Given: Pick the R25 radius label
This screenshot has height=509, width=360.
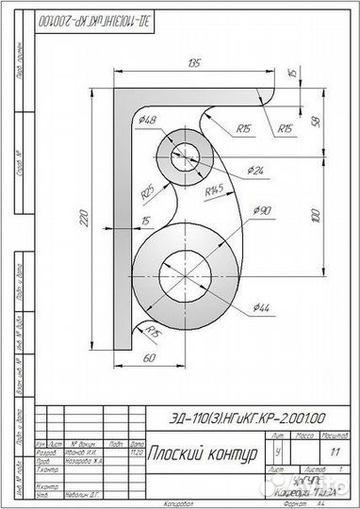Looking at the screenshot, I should pos(149,192).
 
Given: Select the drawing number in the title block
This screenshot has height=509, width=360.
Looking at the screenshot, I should pos(240,418).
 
